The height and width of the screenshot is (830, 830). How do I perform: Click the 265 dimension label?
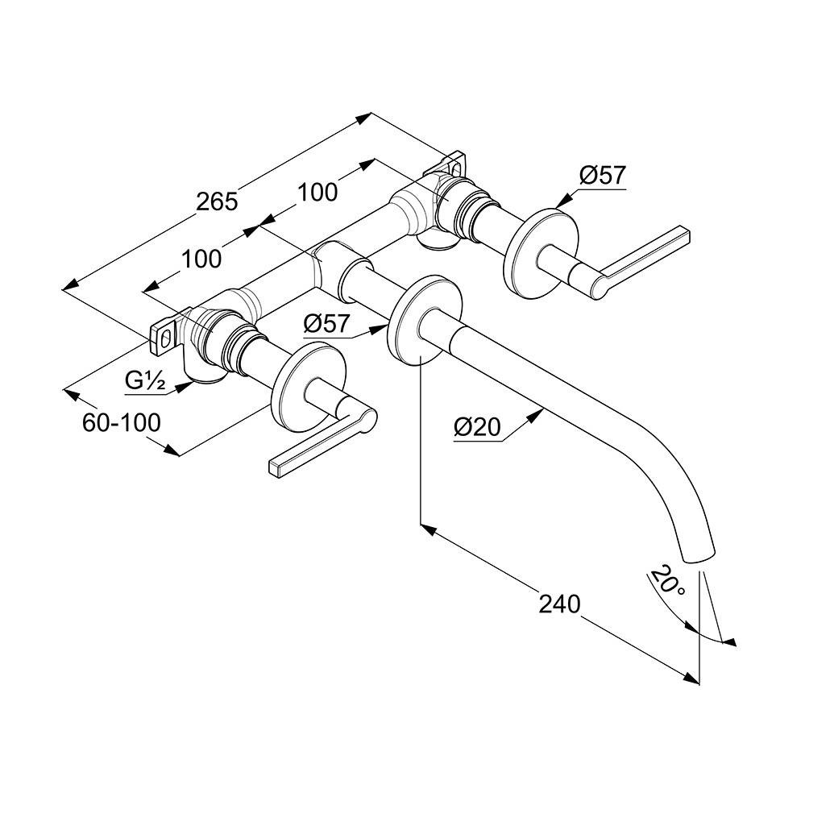(x=218, y=201)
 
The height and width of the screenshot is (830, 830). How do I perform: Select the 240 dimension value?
(x=559, y=604)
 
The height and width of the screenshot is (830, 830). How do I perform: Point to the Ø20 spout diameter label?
(x=477, y=427)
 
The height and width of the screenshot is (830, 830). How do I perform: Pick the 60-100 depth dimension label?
(x=122, y=421)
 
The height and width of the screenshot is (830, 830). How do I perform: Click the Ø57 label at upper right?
(x=602, y=175)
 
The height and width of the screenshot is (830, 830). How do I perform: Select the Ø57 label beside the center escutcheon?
(x=327, y=324)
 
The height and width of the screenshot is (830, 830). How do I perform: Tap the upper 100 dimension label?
(x=317, y=192)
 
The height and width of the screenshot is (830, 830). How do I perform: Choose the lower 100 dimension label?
(x=201, y=259)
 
